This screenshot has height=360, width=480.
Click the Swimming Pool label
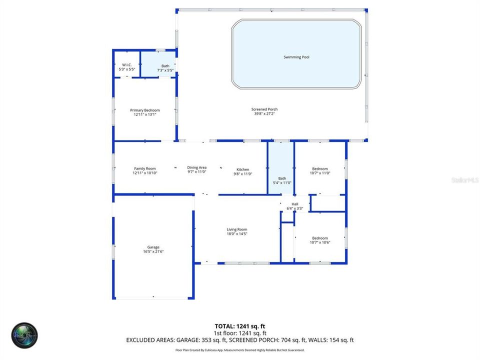[x=296, y=57]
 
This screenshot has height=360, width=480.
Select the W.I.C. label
[x=126, y=64]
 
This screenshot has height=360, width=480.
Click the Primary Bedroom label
[x=145, y=110]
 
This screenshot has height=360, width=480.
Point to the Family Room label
[x=145, y=168]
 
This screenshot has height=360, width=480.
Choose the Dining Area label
[x=196, y=167]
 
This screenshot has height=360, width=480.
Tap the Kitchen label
[x=242, y=169]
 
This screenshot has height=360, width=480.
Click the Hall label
[x=295, y=204]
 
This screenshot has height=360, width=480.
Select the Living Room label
[x=237, y=229]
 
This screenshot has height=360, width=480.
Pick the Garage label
[x=153, y=247]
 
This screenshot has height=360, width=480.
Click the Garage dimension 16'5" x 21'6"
[x=153, y=251]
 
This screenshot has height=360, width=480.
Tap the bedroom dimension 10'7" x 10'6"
[x=320, y=242]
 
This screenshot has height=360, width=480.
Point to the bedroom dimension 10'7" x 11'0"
[x=320, y=173]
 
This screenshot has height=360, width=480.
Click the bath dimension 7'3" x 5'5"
[x=165, y=70]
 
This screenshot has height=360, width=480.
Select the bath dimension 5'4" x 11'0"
[x=282, y=183]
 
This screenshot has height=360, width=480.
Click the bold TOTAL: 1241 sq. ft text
[x=239, y=326]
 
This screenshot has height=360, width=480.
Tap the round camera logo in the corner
[x=24, y=334]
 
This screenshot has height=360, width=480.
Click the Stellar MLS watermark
[x=464, y=179]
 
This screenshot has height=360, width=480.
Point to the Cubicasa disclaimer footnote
[x=239, y=350]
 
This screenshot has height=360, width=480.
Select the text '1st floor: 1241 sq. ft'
[x=239, y=333]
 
